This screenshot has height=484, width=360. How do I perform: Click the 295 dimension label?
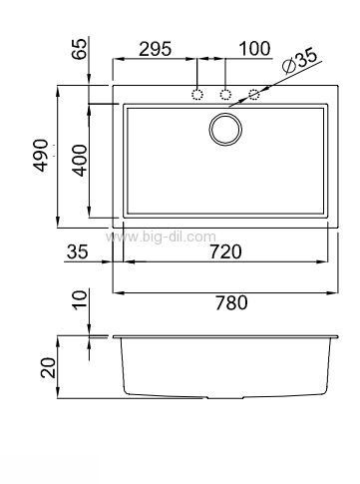(x=155, y=49)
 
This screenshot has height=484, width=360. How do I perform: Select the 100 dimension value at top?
(x=254, y=49)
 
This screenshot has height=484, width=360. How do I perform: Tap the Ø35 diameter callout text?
(x=300, y=61)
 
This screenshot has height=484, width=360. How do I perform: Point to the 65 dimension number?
(x=80, y=49)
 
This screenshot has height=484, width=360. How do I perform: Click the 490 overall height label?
(x=42, y=156)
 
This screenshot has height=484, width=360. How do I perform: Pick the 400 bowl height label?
(x=80, y=160)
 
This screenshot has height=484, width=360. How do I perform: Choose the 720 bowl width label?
(x=225, y=251)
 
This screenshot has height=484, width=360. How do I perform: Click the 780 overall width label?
(x=231, y=302)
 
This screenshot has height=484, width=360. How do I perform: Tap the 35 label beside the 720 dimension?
(x=78, y=251)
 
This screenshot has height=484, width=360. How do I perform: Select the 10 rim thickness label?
(x=80, y=299)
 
